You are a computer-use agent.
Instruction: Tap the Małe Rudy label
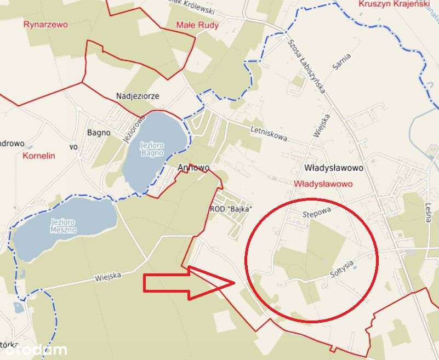[x=197, y=25]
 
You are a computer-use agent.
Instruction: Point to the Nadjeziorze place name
[x=138, y=96]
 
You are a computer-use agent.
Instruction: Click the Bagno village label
[x=99, y=132]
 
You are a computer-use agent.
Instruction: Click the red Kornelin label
[x=39, y=156]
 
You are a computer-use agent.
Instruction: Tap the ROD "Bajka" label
[x=231, y=209]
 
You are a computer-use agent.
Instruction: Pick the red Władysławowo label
[x=323, y=184]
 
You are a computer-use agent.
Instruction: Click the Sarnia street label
[x=341, y=62]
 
